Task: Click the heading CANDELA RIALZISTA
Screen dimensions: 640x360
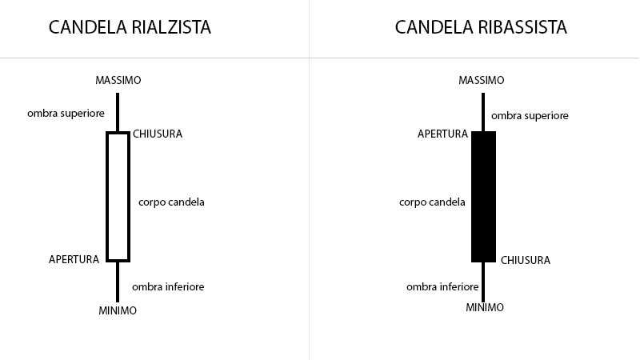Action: (x=130, y=27)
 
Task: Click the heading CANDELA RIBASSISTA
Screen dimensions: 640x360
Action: (x=481, y=27)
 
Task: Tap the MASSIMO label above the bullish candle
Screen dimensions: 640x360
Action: (x=118, y=80)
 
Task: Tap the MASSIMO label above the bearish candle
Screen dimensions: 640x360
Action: (x=482, y=80)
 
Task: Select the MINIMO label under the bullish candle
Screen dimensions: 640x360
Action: (x=118, y=310)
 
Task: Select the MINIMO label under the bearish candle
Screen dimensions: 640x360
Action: (x=485, y=307)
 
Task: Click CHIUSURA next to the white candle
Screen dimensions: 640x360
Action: (x=158, y=134)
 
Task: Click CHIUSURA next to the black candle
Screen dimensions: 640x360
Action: (x=526, y=260)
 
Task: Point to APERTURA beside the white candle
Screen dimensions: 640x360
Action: (x=74, y=259)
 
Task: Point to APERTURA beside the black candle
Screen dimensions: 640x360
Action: (x=442, y=134)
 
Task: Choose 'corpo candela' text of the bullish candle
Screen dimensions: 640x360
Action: (x=171, y=202)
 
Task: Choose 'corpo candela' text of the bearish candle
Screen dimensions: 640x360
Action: (x=432, y=202)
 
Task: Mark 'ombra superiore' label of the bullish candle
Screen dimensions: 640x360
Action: (x=66, y=114)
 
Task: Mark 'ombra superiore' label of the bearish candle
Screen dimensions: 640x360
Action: (x=530, y=116)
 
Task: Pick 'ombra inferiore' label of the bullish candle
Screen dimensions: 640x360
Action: (x=168, y=286)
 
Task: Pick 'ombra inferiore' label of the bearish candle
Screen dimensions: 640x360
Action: (x=442, y=286)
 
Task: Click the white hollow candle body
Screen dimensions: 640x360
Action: (x=107, y=197)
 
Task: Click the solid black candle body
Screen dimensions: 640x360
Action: (x=484, y=197)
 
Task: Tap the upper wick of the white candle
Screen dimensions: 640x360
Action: (x=118, y=112)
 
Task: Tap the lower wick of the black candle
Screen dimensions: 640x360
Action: (x=483, y=282)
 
